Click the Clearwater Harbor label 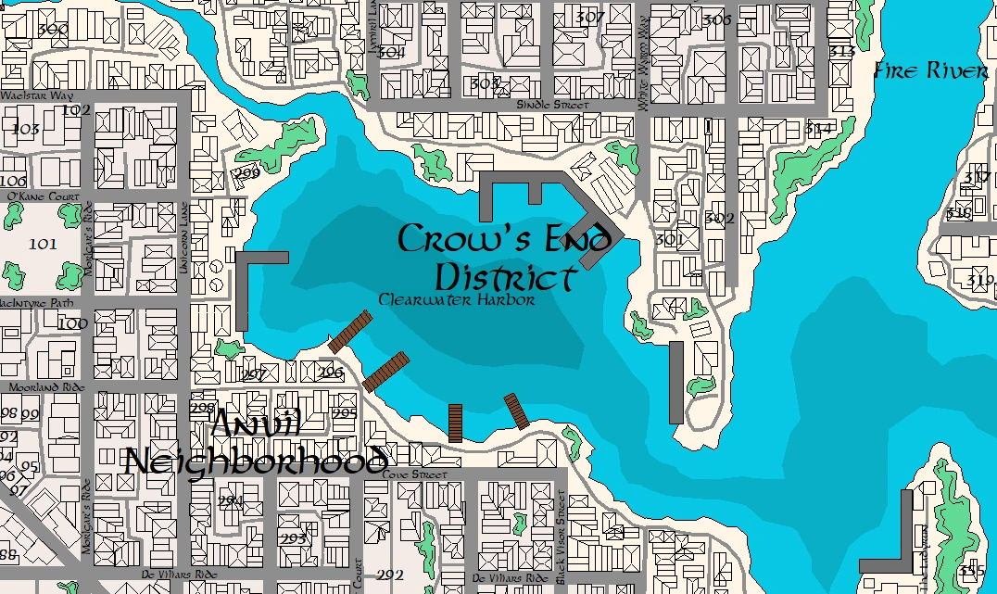(456, 300)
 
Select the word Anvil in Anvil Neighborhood (256, 424)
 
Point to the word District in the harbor (506, 277)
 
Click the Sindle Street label (552, 106)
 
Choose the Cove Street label (414, 474)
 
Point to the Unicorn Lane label (183, 236)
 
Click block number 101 (43, 245)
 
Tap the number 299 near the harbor (246, 173)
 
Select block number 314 (818, 129)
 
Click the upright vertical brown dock (455, 423)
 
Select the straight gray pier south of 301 (676, 382)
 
